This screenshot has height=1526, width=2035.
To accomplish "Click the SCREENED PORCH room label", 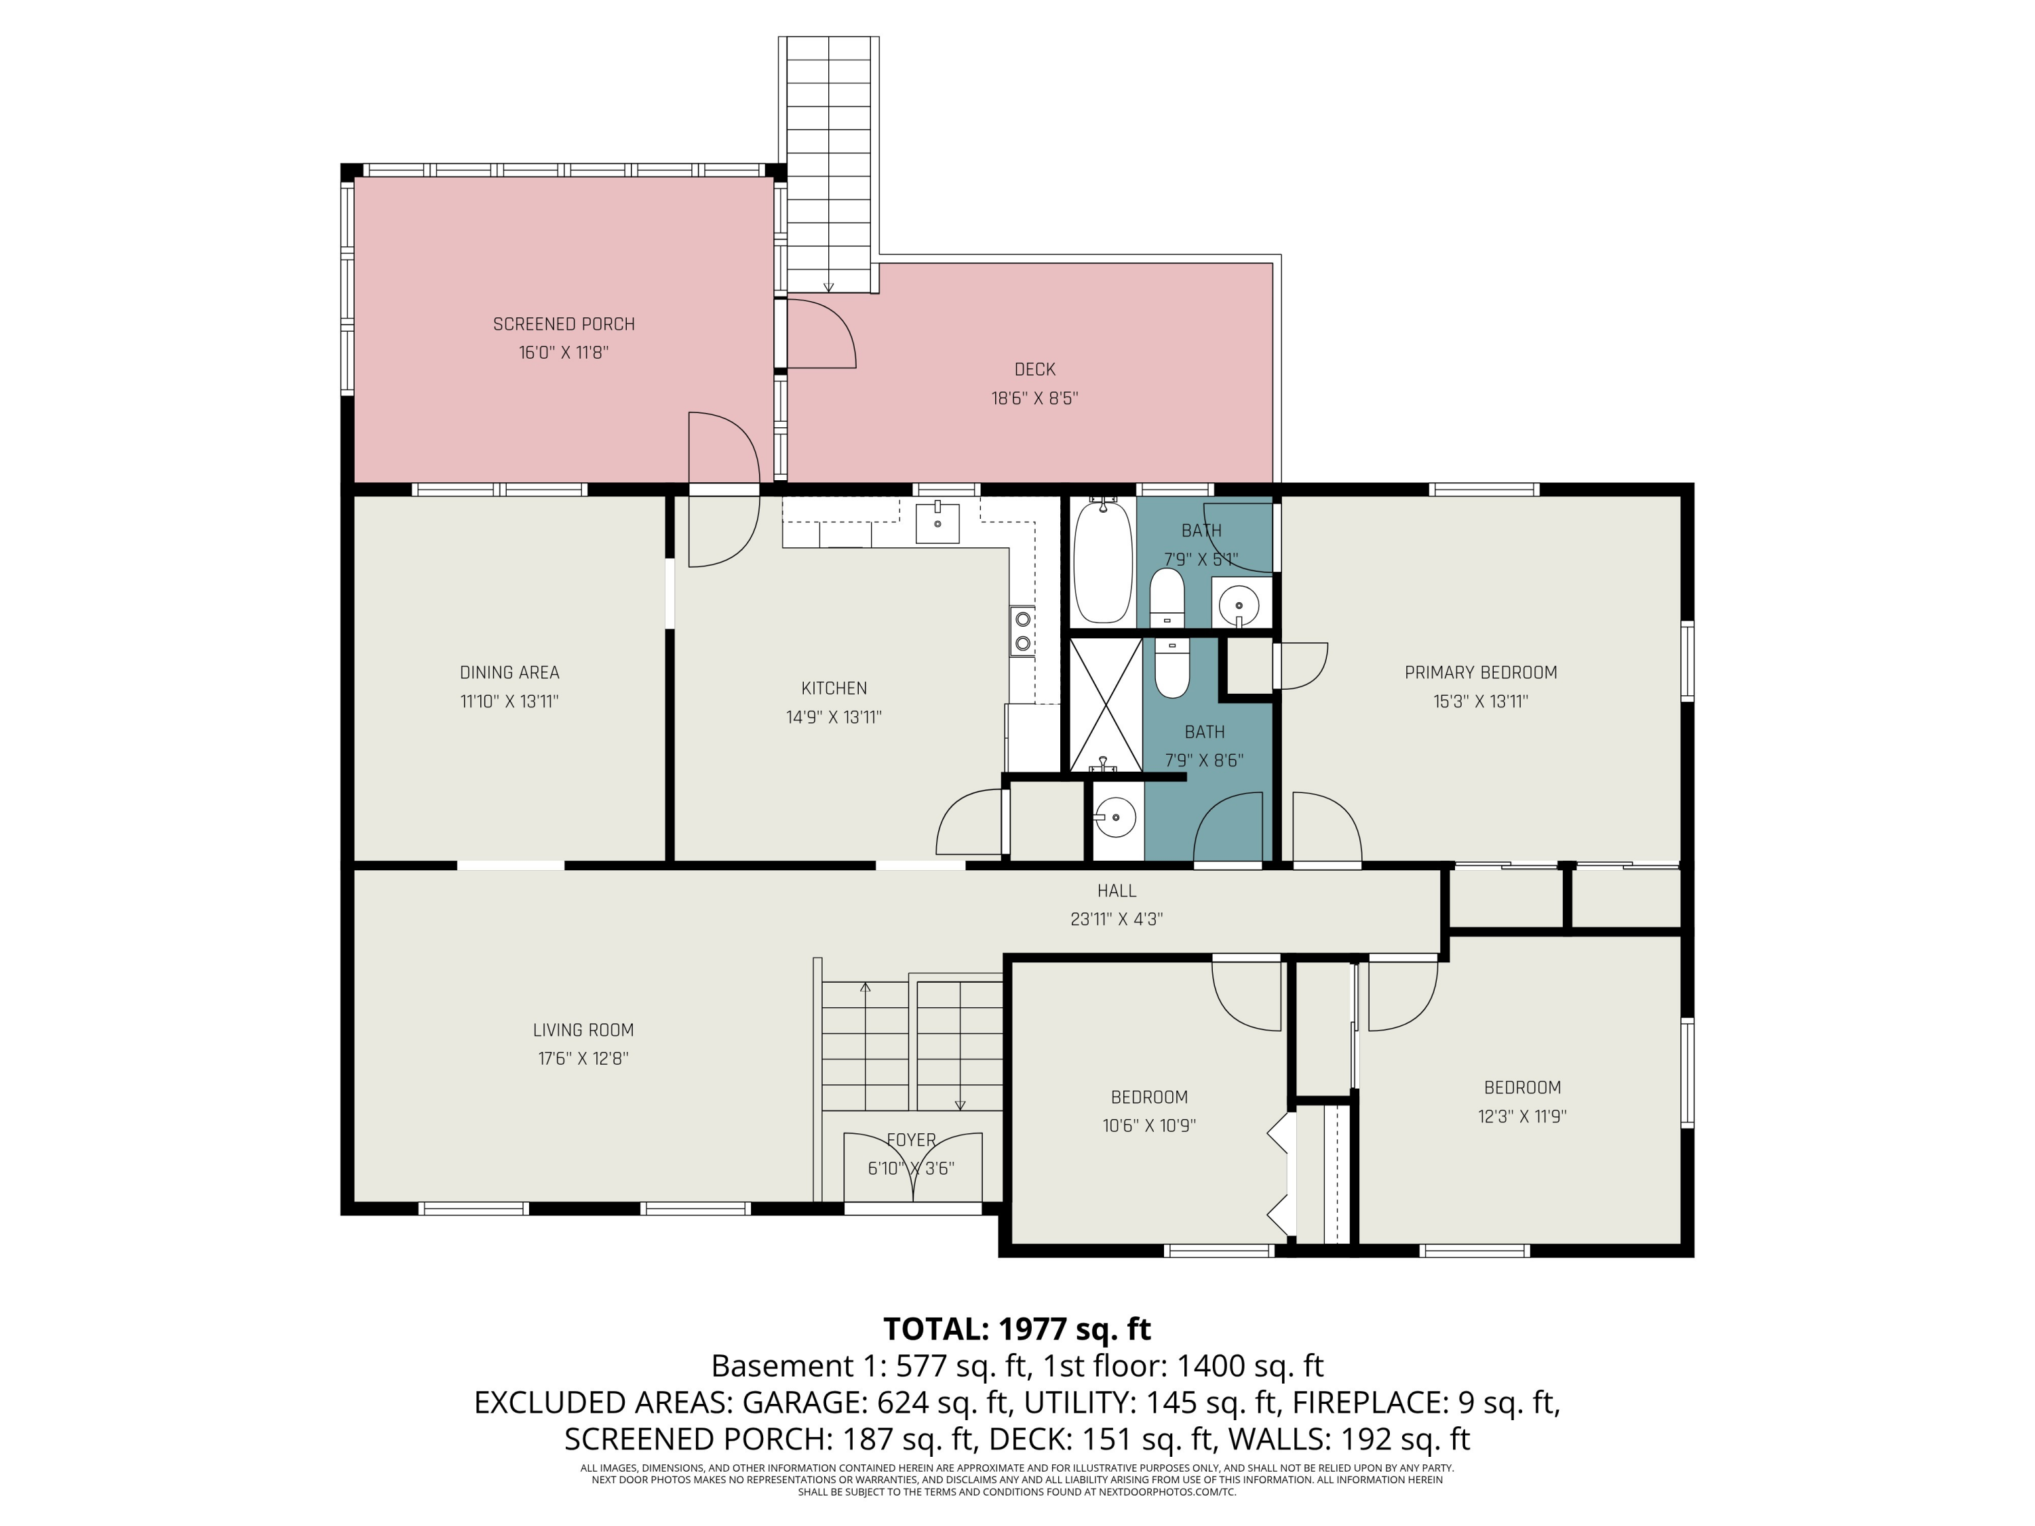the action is [563, 324].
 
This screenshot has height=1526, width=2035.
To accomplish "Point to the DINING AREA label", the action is [509, 672].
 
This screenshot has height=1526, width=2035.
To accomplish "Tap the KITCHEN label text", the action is [834, 688].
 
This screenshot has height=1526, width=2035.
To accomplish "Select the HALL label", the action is [1116, 891].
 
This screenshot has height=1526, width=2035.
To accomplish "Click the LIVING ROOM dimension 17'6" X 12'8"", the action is [583, 1059].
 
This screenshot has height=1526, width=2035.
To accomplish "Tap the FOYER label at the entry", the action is [911, 1139].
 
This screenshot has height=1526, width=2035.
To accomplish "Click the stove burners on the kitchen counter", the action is [1022, 631].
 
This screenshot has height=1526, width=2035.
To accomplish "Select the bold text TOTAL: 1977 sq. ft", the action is [1017, 1329].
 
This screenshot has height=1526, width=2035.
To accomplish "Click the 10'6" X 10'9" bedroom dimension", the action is [1149, 1125].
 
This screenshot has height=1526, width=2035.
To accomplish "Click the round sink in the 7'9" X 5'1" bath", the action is [1239, 605].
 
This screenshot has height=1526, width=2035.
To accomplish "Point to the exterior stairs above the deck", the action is [828, 165].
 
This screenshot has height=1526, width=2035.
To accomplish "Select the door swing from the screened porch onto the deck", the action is [821, 333].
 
